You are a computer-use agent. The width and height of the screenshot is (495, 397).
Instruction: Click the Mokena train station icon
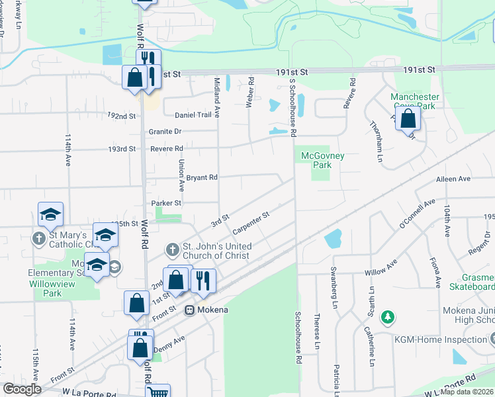pyautogui.click(x=189, y=309)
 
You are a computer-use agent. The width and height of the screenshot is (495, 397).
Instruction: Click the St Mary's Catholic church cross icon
pyautogui.click(x=39, y=238)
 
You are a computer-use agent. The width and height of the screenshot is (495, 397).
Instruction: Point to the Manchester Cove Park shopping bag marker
pyautogui.click(x=409, y=119)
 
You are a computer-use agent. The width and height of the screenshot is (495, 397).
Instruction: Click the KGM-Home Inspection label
pyautogui.click(x=449, y=339)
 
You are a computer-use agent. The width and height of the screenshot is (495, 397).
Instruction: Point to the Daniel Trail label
pyautogui.click(x=193, y=114)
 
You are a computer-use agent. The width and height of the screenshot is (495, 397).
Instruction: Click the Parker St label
pyautogui.click(x=165, y=203)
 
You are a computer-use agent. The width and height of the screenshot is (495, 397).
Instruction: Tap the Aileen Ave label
pyautogui.click(x=453, y=179)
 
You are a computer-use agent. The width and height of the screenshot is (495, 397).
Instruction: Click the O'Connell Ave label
pyautogui.click(x=418, y=214)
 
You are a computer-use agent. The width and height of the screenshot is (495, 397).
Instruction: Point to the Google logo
pyautogui.click(x=22, y=389)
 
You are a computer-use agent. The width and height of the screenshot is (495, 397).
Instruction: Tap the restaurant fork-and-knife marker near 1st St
pyautogui.click(x=203, y=280)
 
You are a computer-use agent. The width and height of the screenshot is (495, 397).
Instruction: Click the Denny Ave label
pyautogui.click(x=169, y=344)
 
